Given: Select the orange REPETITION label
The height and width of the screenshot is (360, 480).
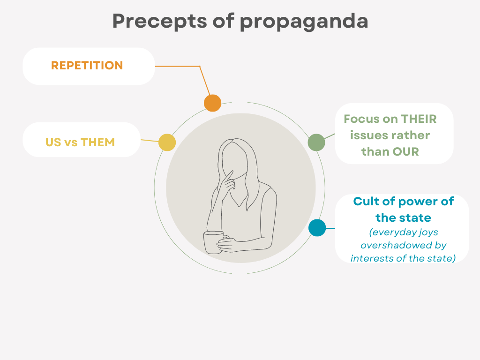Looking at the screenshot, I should click(x=87, y=66).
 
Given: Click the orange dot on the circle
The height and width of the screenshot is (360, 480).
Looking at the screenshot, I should click(x=212, y=103).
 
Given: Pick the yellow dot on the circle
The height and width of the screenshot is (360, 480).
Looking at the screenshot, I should click(x=167, y=142).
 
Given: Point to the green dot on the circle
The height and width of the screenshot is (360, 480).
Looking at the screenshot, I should click(x=316, y=142).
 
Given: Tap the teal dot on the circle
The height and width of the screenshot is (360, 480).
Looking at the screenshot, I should click(x=317, y=228).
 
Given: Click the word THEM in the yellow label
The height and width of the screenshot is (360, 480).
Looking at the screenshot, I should click(x=97, y=142).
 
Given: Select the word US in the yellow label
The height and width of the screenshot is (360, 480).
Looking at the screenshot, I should click(x=53, y=142).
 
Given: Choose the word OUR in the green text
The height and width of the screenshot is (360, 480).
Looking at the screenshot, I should click(x=405, y=152).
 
